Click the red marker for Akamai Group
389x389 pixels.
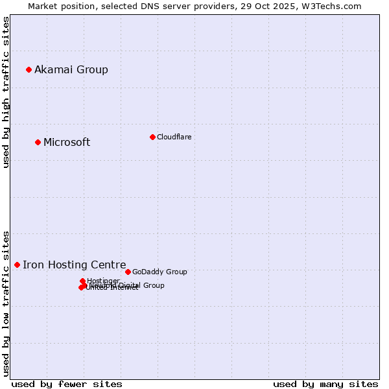(29, 69)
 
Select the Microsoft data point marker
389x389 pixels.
(38, 142)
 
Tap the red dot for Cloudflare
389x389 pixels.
(152, 137)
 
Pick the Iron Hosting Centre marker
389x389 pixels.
(17, 265)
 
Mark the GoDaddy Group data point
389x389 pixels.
(128, 272)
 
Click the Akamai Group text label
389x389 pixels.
(71, 69)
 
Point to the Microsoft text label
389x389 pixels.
(67, 142)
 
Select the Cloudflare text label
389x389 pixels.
(174, 137)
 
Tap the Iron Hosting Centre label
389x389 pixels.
(75, 265)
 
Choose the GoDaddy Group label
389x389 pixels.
(159, 272)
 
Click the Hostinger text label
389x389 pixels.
(103, 281)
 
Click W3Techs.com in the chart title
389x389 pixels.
(332, 6)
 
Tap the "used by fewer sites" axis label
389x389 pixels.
(67, 384)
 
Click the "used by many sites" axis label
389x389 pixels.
(325, 384)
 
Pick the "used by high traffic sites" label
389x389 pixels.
(6, 93)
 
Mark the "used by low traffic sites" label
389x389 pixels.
(6, 303)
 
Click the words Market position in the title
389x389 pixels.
(59, 6)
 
